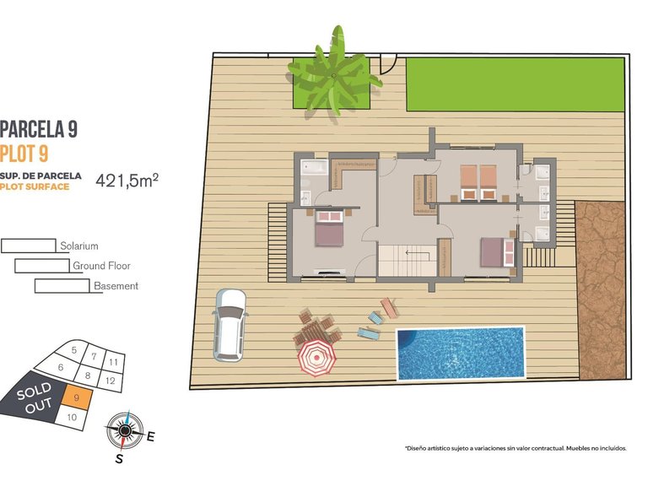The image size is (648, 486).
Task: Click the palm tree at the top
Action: [332, 74]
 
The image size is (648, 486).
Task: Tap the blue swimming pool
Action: [460, 354]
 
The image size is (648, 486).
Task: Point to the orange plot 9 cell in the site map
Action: [77, 397]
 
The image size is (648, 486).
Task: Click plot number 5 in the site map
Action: [74, 349]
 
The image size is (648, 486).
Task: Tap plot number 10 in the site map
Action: [72, 417]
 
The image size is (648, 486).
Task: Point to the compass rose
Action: [125, 430]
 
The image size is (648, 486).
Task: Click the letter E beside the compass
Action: [151, 437]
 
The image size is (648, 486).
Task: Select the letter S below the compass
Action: [119, 459]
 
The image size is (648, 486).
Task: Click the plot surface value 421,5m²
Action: [127, 180]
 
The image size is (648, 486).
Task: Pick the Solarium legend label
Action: [79, 246]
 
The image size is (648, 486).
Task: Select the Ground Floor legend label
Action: [101, 266]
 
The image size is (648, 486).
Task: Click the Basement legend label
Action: [116, 286]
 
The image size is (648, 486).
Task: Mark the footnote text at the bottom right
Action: [515, 449]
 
